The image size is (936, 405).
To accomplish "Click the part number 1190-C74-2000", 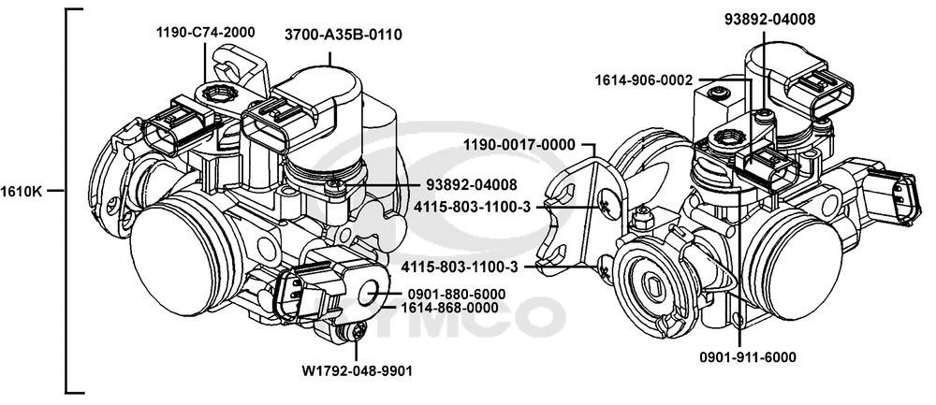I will [x=206, y=33].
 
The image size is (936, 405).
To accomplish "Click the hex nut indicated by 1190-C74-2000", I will [x=224, y=93].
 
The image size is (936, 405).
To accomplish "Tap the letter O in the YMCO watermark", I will [x=543, y=318].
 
